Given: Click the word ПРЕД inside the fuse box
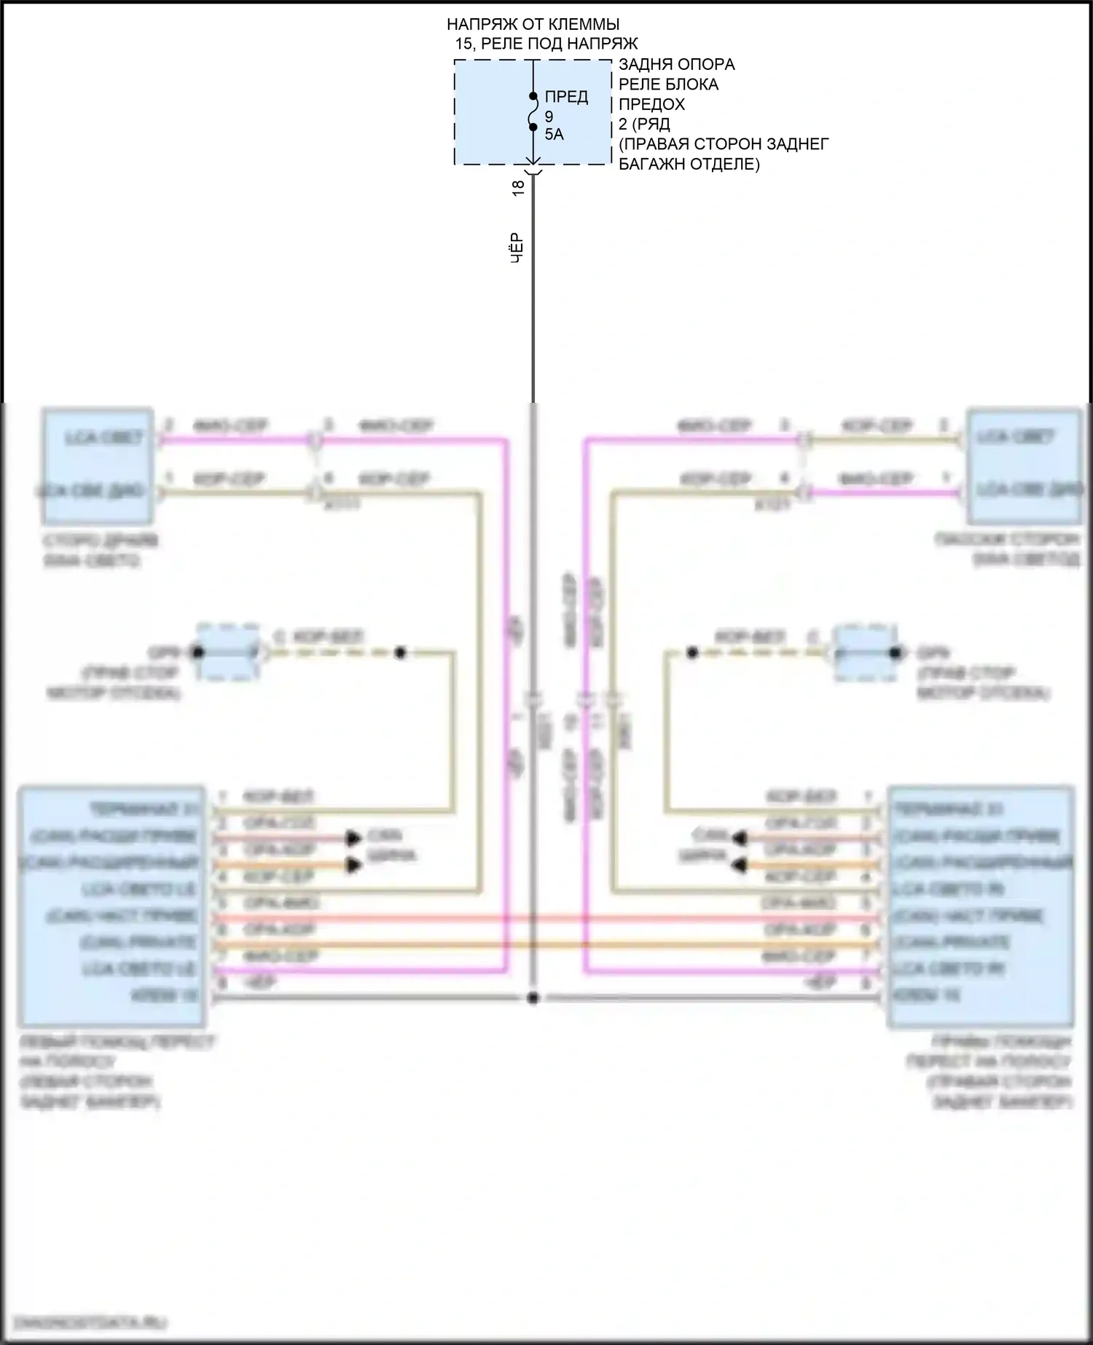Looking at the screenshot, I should [x=566, y=97].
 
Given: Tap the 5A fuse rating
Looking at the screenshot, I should [x=554, y=135].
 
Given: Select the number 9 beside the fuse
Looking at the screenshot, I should [x=549, y=117].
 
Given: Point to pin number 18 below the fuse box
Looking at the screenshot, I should [x=518, y=187].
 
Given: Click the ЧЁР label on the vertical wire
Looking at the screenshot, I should [x=517, y=248].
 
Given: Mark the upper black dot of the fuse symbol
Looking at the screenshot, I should [x=533, y=96].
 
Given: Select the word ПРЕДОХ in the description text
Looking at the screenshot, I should [x=651, y=104].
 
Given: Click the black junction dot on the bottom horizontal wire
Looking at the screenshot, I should [x=533, y=998].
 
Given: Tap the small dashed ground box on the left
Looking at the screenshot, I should [x=229, y=652].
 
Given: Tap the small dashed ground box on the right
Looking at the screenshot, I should [x=865, y=652].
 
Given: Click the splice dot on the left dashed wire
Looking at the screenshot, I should [x=400, y=653].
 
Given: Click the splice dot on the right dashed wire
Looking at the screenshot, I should [x=692, y=653].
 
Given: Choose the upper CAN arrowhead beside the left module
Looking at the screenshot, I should [x=355, y=838].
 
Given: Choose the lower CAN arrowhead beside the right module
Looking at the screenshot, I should [x=740, y=865].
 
